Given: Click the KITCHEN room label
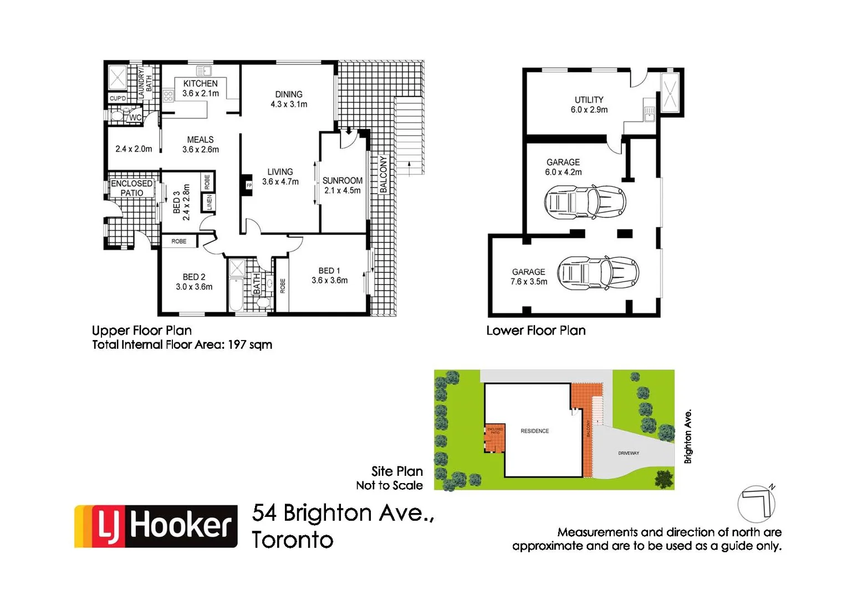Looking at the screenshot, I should click(x=200, y=84).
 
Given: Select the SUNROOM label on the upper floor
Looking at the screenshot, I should click(x=342, y=181).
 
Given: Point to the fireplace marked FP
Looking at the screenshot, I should click(x=248, y=185).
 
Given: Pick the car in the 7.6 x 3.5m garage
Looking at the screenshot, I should click(x=598, y=273).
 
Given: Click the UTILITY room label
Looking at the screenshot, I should click(x=589, y=100).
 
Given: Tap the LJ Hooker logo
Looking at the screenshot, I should click(x=156, y=526).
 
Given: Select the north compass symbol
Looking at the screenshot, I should click(x=757, y=504).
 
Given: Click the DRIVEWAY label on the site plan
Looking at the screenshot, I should click(x=629, y=453).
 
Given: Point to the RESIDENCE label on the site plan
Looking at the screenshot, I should click(x=534, y=431).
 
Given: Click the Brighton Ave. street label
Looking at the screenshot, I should click(x=688, y=436).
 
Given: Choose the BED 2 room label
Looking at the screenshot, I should click(x=194, y=277).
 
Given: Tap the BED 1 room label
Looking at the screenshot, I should click(x=329, y=271).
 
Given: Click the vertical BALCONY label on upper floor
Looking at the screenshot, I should click(x=383, y=175).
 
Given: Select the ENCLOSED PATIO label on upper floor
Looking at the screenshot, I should click(x=131, y=188).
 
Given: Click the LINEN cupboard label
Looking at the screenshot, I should click(x=210, y=202).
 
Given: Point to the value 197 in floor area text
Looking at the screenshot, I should click(x=237, y=344).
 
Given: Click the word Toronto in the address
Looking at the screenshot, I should click(x=292, y=540).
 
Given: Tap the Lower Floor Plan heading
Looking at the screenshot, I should click(x=535, y=331).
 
